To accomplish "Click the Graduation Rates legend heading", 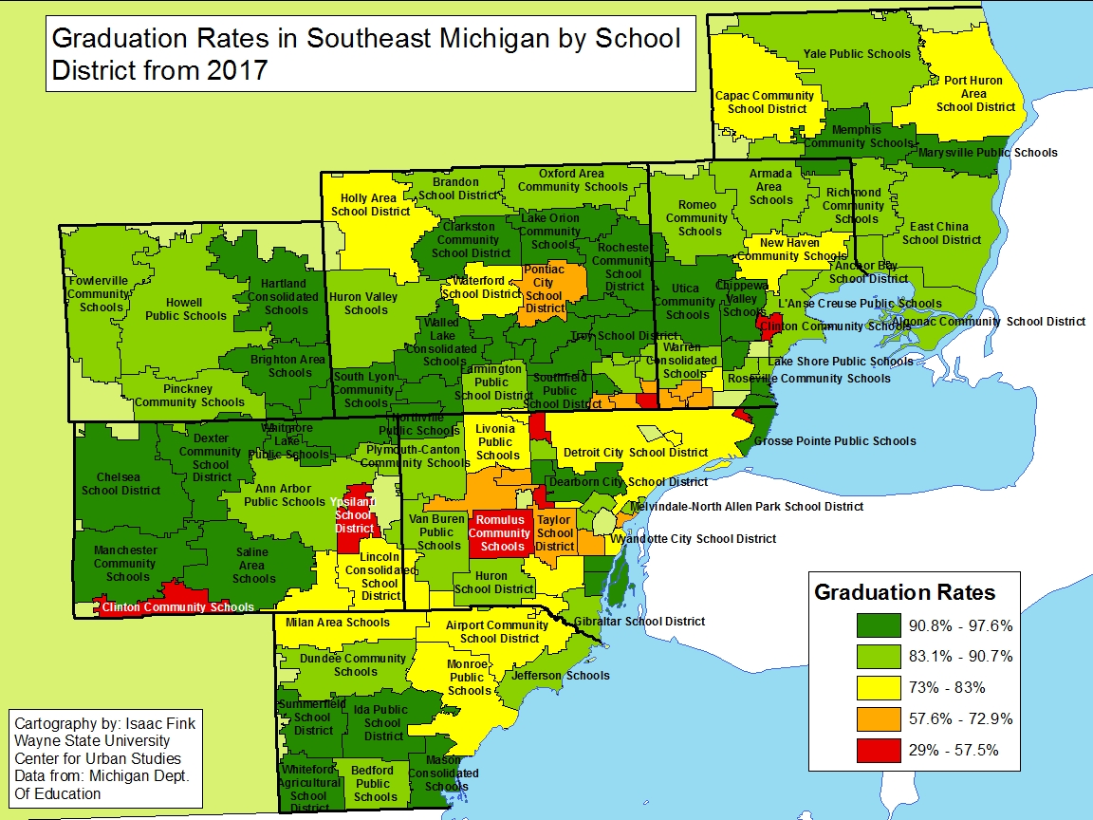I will point(904,592).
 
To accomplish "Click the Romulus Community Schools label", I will point(502,533).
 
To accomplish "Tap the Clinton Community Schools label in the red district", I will point(177,607).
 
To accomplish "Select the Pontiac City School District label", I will point(545,289).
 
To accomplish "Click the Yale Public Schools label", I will point(857,54).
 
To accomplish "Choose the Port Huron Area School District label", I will point(974,94).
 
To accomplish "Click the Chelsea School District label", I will point(120,484).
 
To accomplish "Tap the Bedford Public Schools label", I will point(375,784).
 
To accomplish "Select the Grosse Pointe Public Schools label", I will point(835,440).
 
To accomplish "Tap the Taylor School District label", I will point(555,532).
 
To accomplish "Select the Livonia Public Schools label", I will point(497,442).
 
